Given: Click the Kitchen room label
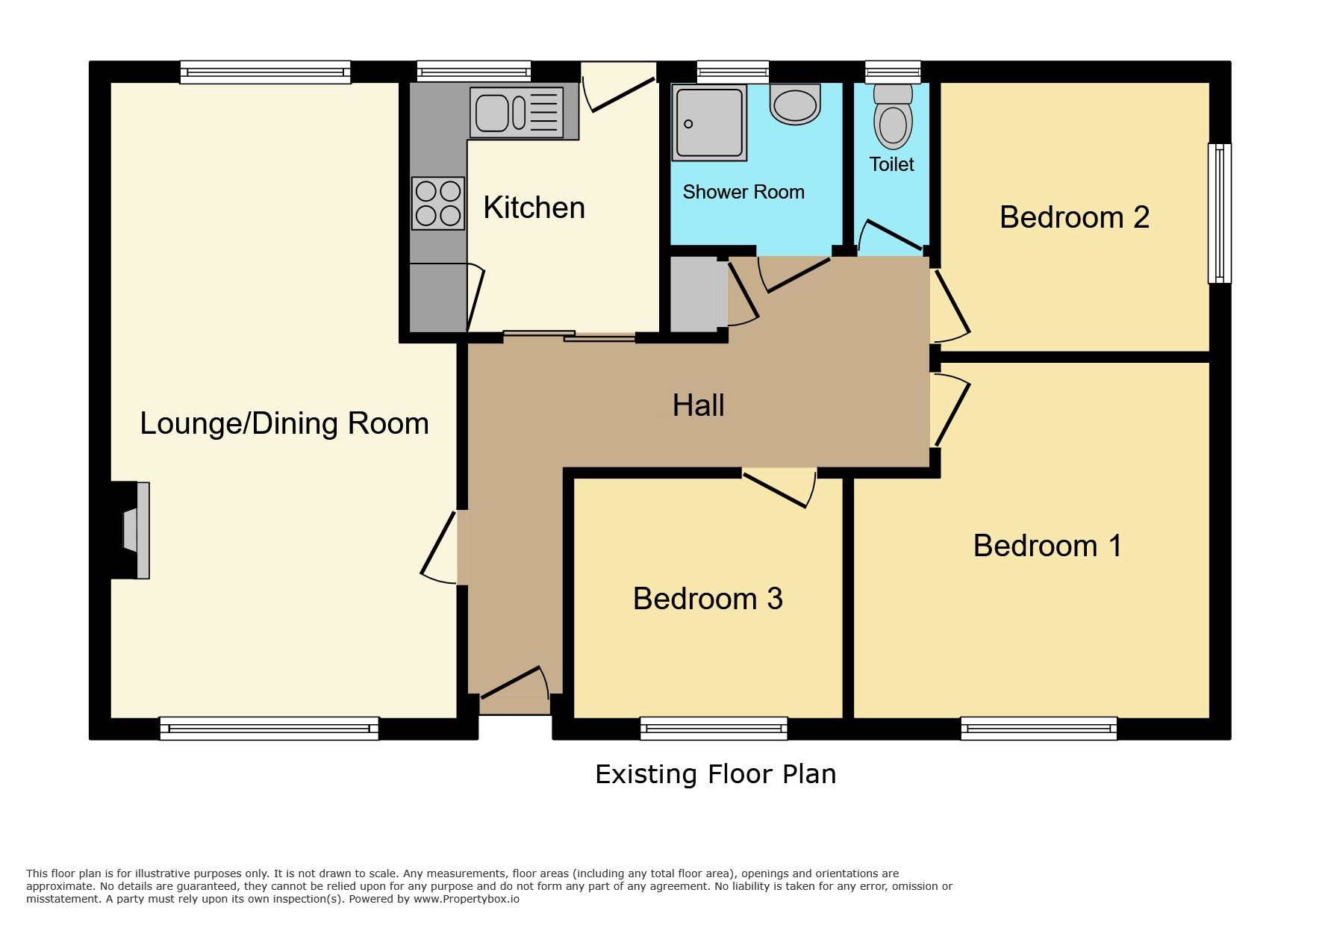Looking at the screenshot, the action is pos(534,208).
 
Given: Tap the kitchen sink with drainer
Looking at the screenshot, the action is pos(517,113).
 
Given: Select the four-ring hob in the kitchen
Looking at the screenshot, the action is pos(438,203).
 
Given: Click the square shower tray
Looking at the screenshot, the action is pos(709,123).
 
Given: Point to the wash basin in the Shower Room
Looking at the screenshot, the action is pos(795,104).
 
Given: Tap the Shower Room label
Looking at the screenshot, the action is pos(743,192).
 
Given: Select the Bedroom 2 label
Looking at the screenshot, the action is pos(1074,217).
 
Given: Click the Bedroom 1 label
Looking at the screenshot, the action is pos(1047,546).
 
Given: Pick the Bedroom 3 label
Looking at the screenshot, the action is pos(708,599).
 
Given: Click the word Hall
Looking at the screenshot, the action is pos(698,405).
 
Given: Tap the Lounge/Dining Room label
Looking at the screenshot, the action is pos(284,423).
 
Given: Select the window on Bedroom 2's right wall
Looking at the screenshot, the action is pos(1220,214).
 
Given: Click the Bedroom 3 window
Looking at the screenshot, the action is pos(714,729).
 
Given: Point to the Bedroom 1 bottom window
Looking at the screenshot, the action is pos(1038,729).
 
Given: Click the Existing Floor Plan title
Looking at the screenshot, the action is pos(715,774).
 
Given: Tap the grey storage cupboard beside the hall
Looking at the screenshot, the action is pos(698,294).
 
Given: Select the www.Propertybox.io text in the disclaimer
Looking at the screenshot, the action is pos(467,899).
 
